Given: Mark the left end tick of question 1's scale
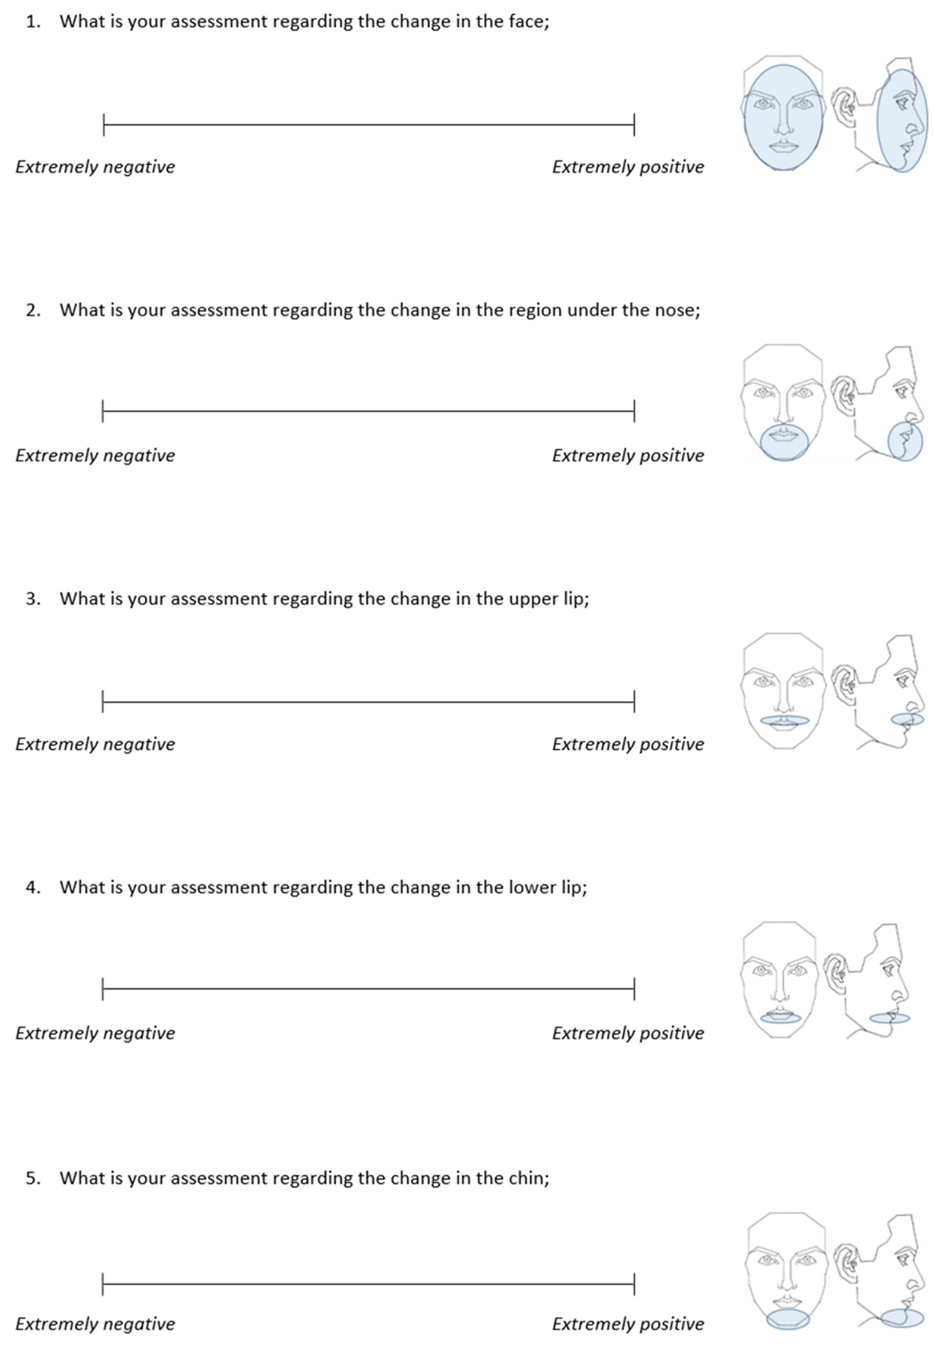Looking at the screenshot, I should (103, 125).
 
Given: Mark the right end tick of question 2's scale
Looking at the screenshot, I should (634, 411).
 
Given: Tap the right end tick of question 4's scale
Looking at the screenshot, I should (634, 989).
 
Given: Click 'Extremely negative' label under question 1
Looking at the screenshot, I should (95, 167).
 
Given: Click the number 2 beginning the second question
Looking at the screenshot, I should (33, 310).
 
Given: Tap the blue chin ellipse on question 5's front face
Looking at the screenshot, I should (788, 1319).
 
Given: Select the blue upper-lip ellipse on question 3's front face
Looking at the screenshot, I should (784, 721).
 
